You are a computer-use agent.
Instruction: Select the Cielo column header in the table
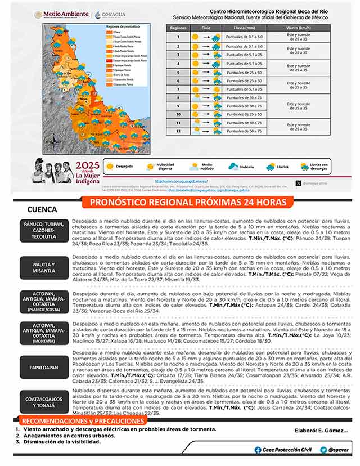tap(206, 27)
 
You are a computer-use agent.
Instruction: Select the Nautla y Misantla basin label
tap(44, 267)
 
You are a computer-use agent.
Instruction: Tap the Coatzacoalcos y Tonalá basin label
tap(44, 402)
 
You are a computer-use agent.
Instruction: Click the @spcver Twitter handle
tap(334, 450)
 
